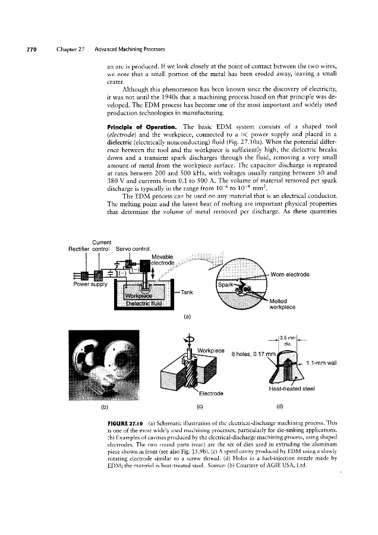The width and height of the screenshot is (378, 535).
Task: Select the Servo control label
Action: point(134,248)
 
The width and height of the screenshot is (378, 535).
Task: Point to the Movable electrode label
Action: point(168,260)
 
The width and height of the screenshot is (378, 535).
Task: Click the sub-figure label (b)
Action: point(103,406)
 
